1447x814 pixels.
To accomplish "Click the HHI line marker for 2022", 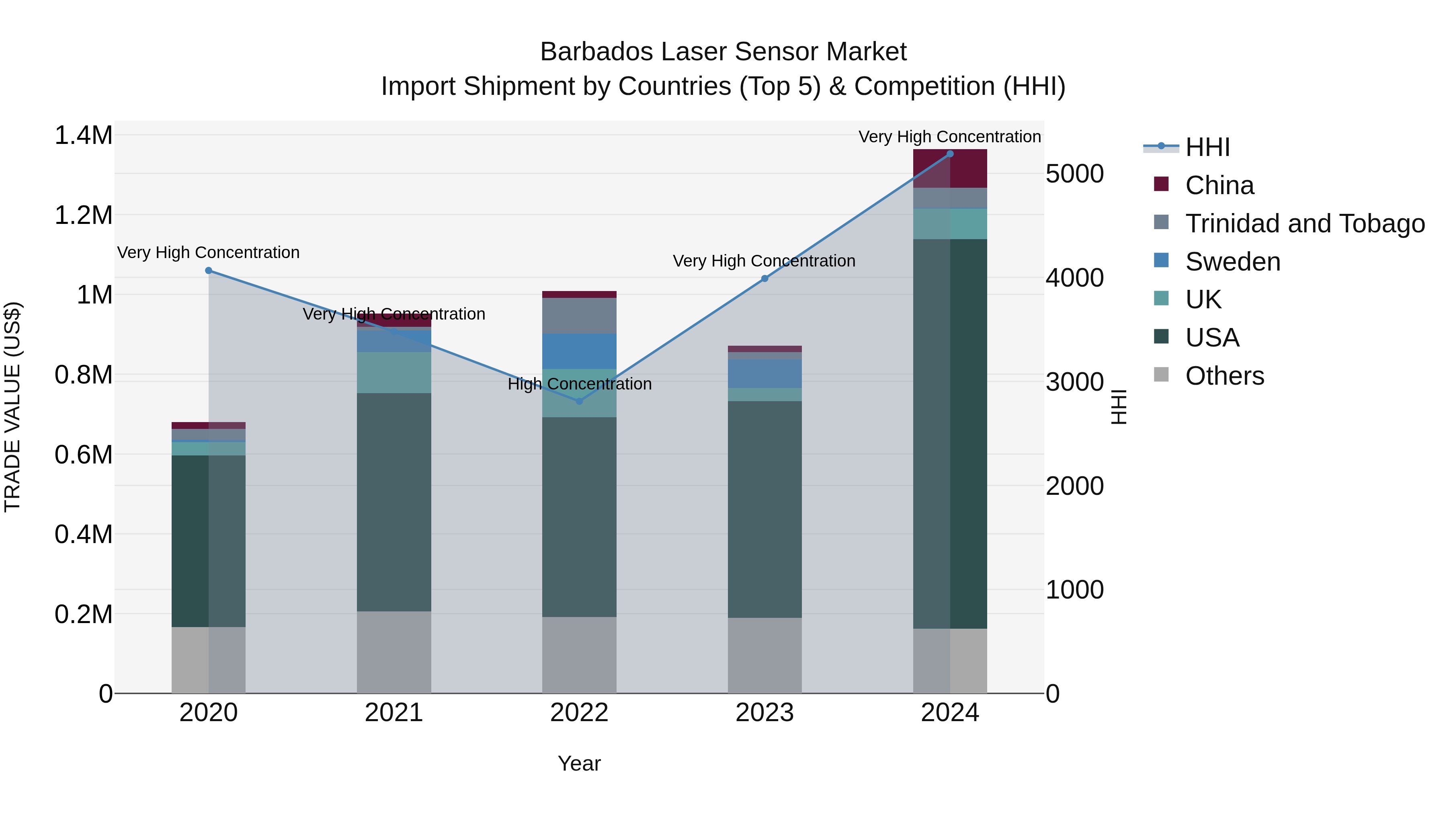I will [579, 401].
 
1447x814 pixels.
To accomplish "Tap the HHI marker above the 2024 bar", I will [950, 154].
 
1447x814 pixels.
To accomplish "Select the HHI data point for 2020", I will [208, 270].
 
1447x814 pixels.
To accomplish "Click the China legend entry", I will [1219, 185].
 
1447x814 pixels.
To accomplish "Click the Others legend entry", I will [1225, 376].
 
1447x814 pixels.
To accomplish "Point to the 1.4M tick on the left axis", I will [83, 135].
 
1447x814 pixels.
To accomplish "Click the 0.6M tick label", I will [83, 455].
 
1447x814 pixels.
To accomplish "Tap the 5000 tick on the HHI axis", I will [1074, 174].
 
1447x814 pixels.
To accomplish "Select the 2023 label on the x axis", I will [764, 713].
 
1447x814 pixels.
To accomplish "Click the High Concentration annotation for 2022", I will [579, 384].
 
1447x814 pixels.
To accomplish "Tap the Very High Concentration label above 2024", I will [949, 137].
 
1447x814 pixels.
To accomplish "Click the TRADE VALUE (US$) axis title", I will [12, 407].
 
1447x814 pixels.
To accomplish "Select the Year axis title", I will [579, 763].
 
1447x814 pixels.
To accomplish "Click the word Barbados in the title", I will [596, 52].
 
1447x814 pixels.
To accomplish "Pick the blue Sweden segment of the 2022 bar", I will [579, 351].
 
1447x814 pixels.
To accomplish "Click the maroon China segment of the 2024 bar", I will [950, 168].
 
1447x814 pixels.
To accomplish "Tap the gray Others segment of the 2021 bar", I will [394, 652].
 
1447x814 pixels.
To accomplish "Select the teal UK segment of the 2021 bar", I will [394, 373].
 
